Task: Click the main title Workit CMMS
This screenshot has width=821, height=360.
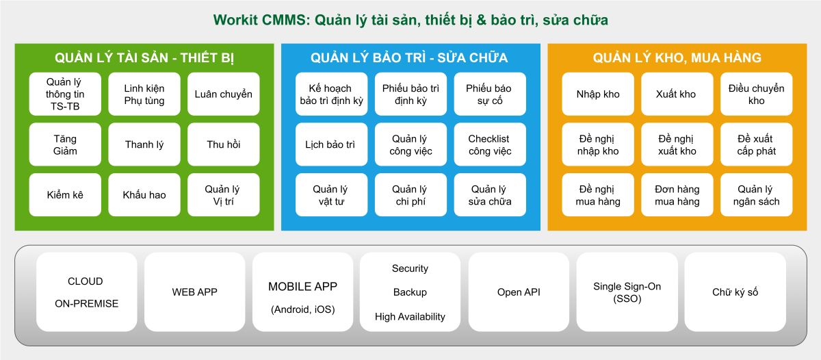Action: [410, 20]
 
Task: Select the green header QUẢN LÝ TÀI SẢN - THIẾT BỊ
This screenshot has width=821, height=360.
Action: [144, 58]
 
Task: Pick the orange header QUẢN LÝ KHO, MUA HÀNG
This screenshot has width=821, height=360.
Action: [677, 58]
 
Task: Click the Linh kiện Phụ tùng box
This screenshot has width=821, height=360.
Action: [144, 94]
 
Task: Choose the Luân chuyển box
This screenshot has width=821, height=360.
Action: [223, 94]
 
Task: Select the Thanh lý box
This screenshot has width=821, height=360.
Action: [144, 144]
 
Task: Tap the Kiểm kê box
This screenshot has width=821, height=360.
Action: [65, 195]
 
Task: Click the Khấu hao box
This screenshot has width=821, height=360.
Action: [144, 195]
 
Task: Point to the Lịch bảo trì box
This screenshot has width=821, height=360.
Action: [330, 144]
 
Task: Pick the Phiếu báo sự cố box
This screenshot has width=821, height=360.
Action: [489, 94]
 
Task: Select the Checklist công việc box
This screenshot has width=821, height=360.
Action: [489, 144]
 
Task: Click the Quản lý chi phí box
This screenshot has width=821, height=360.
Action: [410, 195]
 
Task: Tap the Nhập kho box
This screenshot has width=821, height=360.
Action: [598, 94]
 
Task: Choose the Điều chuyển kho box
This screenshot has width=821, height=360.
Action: [756, 94]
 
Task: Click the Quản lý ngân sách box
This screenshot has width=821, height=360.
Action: [756, 195]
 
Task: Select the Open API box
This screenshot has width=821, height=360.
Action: [519, 292]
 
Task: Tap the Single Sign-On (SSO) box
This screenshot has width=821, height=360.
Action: [627, 292]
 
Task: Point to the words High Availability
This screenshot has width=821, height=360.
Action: [410, 317]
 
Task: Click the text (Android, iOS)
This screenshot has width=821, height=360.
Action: [302, 309]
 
